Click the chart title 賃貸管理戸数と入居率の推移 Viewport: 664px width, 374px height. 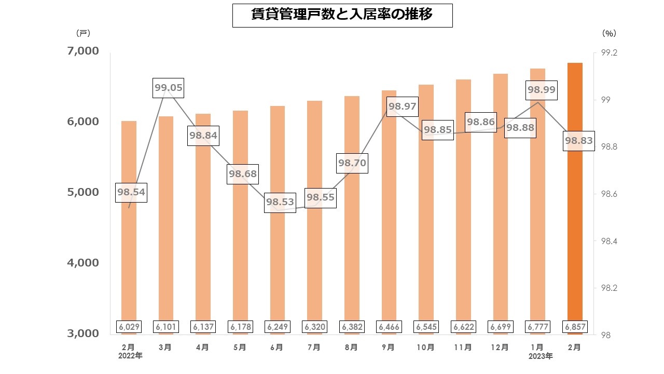pyautogui.click(x=342, y=15)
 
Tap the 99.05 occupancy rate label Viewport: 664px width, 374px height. pyautogui.click(x=169, y=88)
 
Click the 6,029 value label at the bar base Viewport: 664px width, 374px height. pyautogui.click(x=129, y=327)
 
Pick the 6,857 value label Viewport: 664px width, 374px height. pyautogui.click(x=574, y=327)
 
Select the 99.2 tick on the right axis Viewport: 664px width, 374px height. pyautogui.click(x=608, y=53)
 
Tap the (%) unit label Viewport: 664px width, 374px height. pyautogui.click(x=609, y=33)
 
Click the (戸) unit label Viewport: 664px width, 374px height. pyautogui.click(x=82, y=33)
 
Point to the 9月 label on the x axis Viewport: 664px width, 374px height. pyautogui.click(x=389, y=347)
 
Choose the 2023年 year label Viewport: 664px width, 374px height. pyautogui.click(x=541, y=356)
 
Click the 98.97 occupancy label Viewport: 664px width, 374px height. pyautogui.click(x=403, y=107)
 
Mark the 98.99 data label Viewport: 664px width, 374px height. pyautogui.click(x=542, y=89)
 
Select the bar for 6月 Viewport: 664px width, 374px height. pyautogui.click(x=278, y=218)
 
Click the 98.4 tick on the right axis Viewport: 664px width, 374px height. pyautogui.click(x=608, y=241)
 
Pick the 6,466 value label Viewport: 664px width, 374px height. pyautogui.click(x=389, y=327)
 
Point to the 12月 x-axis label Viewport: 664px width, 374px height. pyautogui.click(x=500, y=347)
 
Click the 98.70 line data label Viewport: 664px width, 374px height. pyautogui.click(x=352, y=163)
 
